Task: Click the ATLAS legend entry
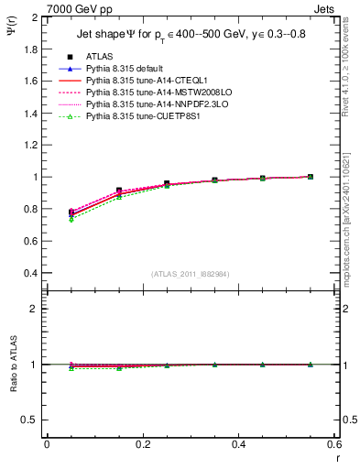100,57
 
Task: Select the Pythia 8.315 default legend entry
133,69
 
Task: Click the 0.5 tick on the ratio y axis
31,420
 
